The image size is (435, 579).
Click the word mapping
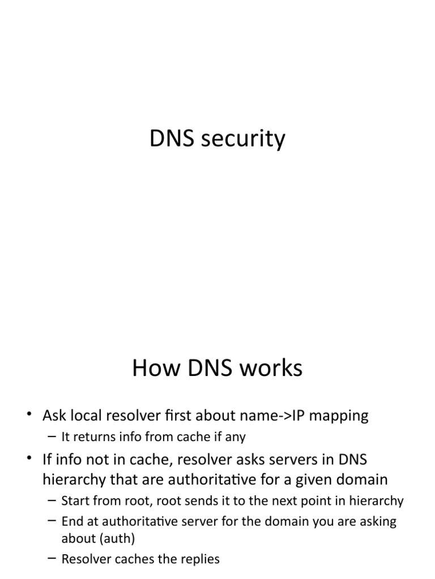point(341,417)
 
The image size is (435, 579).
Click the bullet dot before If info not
point(29,459)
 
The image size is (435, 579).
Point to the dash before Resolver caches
point(53,559)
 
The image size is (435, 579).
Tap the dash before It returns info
point(53,437)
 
